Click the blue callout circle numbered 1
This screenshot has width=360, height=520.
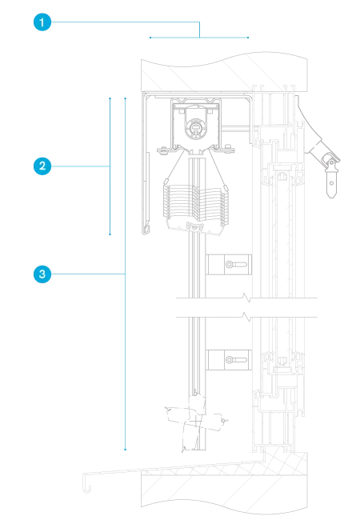[42, 22]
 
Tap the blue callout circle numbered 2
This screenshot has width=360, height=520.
[42, 166]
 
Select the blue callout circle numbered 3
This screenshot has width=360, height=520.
[42, 274]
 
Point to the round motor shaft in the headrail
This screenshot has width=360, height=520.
[196, 127]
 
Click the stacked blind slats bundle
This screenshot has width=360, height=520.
[195, 203]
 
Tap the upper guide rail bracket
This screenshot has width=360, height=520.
[228, 264]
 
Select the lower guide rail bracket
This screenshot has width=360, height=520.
[228, 360]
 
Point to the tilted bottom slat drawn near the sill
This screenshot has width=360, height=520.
[195, 418]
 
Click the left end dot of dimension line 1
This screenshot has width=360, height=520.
[150, 38]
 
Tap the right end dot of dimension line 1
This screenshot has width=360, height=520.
[248, 38]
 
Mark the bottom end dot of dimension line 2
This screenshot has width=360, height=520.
[110, 234]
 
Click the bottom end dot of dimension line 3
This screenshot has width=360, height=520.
[126, 450]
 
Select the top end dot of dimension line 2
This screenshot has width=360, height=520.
[110, 98]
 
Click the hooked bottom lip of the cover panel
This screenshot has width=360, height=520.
[146, 229]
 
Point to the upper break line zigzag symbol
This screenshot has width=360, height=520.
[247, 297]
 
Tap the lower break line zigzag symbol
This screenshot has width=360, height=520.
[247, 317]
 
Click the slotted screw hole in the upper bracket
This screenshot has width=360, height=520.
[236, 265]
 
